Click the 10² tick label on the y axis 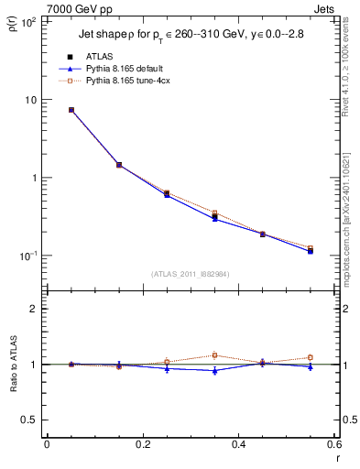(x=27, y=22)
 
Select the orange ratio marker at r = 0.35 (x=214, y=355)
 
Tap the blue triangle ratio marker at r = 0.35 (x=214, y=370)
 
